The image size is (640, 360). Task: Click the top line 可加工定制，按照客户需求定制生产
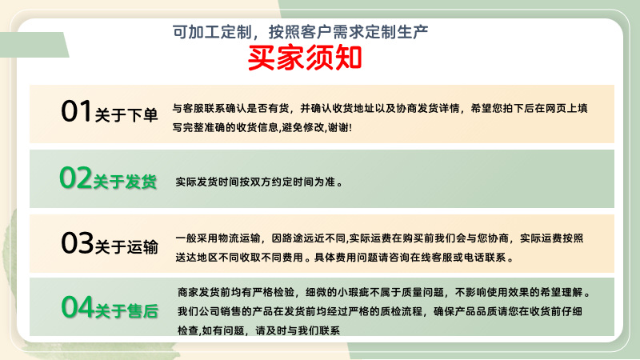[x=302, y=32]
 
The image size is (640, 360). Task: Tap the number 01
[x=77, y=113]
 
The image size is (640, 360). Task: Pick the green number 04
[x=78, y=306]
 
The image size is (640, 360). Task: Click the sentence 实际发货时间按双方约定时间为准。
[x=259, y=182]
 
